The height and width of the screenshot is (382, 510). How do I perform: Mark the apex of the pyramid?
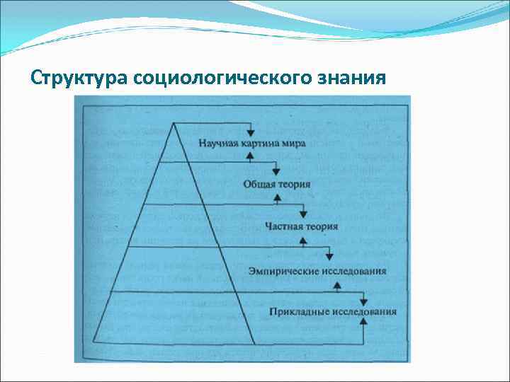pyautogui.click(x=173, y=122)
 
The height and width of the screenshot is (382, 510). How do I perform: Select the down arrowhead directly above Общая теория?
pyautogui.click(x=277, y=173)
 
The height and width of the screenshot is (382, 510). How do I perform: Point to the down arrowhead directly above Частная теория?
pyautogui.click(x=303, y=215)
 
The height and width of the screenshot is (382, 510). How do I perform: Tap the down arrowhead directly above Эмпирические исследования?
pyautogui.click(x=329, y=257)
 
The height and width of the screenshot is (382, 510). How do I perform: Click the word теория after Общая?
pyautogui.click(x=293, y=184)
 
